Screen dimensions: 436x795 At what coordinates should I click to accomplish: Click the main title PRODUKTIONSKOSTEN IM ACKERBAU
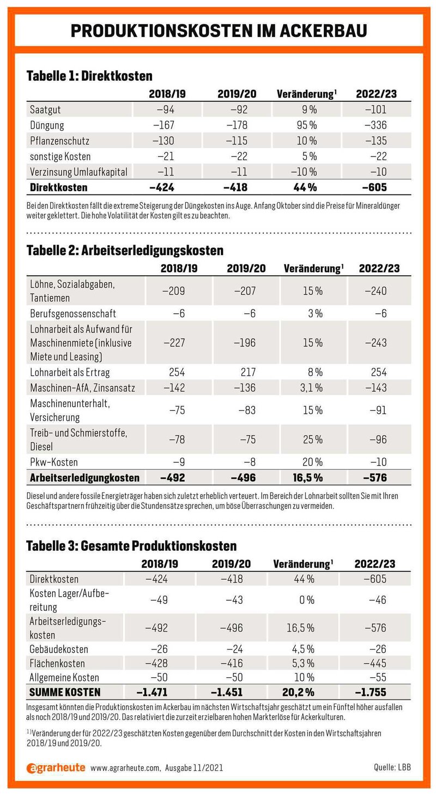(x=219, y=31)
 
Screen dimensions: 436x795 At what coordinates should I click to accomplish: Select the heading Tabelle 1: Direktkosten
(x=89, y=76)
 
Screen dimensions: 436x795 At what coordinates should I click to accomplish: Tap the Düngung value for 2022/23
(x=376, y=125)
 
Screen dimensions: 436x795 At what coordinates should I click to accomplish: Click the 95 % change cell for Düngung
(x=307, y=125)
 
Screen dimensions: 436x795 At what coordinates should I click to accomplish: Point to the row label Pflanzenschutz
(x=59, y=141)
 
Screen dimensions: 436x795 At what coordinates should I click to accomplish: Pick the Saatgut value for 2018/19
(x=166, y=110)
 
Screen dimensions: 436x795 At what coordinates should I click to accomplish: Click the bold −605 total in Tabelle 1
(x=374, y=187)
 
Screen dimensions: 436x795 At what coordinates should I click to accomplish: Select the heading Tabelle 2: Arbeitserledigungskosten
(x=125, y=251)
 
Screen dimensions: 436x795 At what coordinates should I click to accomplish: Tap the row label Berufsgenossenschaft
(x=73, y=313)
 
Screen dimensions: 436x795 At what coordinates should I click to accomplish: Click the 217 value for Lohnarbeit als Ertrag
(x=248, y=372)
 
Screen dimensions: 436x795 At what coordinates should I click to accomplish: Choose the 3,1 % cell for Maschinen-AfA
(x=311, y=387)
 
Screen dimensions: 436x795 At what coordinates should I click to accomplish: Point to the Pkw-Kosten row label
(x=53, y=462)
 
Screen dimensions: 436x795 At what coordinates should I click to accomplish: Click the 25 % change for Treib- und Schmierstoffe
(x=313, y=439)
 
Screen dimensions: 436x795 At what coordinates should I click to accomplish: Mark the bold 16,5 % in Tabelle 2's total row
(x=308, y=478)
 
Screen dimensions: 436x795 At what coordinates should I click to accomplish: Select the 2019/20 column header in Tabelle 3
(x=231, y=564)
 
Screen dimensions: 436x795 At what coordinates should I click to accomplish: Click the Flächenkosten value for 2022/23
(x=375, y=663)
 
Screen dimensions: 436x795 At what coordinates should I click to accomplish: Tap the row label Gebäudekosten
(x=58, y=649)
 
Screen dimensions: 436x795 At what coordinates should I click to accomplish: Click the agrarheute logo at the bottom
(x=56, y=768)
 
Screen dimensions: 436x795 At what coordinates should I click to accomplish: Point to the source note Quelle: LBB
(x=392, y=767)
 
